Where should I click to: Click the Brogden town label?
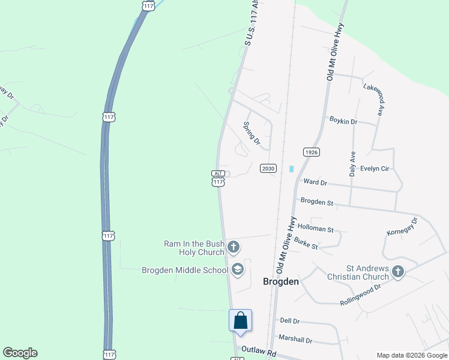(x=282, y=281)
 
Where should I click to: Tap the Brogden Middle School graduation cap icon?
(x=237, y=269)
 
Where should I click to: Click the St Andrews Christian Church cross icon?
(x=397, y=272)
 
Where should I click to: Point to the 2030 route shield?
(x=268, y=169)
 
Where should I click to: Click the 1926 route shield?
(x=310, y=152)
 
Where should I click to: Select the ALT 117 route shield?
(x=218, y=178)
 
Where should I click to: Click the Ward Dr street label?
(x=315, y=182)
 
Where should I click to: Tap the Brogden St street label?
(x=316, y=203)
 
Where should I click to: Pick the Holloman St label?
(x=315, y=229)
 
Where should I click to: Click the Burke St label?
(x=306, y=247)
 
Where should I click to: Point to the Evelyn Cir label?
(x=375, y=169)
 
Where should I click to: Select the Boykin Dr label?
(x=343, y=121)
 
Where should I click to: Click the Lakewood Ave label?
(x=372, y=100)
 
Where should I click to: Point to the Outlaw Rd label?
(x=258, y=349)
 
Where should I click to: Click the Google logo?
(x=20, y=353)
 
